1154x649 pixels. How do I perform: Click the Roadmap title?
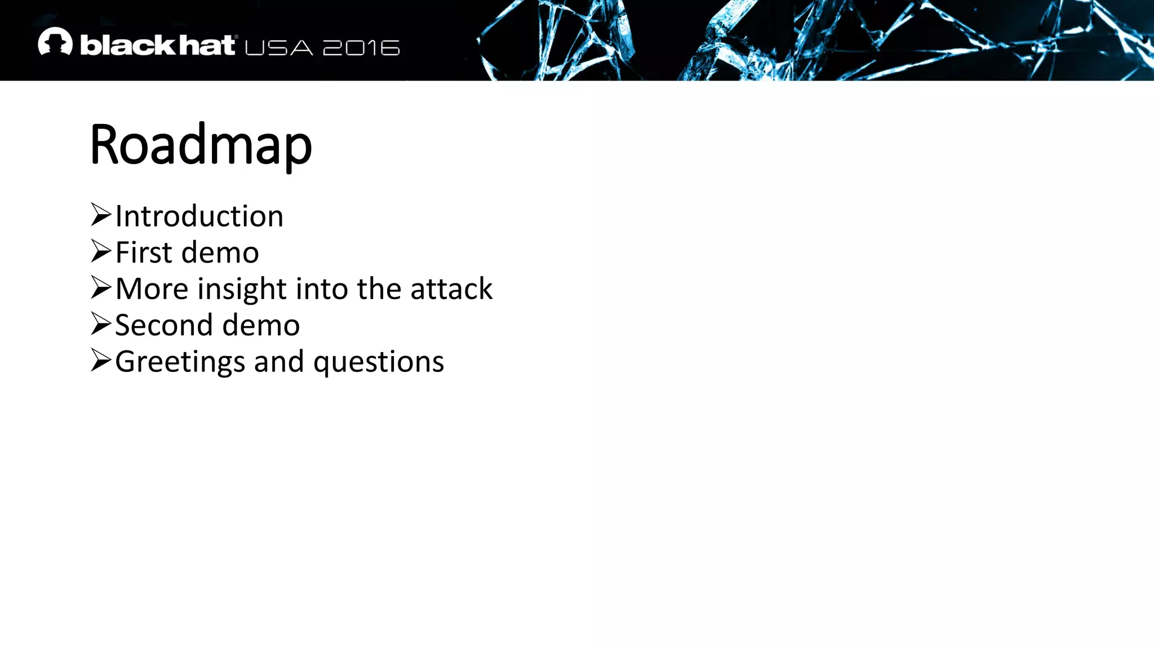click(201, 145)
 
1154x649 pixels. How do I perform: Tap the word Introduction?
click(199, 216)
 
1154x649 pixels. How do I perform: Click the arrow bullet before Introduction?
click(101, 215)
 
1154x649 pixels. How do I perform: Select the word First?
click(144, 252)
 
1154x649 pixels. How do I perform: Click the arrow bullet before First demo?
click(101, 251)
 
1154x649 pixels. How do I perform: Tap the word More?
click(152, 289)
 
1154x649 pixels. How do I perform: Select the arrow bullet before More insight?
click(101, 287)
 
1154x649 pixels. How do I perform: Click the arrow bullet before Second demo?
click(101, 324)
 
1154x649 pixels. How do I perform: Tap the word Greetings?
click(180, 362)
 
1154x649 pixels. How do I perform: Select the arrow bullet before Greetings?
click(101, 360)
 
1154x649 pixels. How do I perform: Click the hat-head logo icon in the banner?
click(55, 42)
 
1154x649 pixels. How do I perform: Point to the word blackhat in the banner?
click(157, 45)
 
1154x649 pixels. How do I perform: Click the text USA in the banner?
click(279, 48)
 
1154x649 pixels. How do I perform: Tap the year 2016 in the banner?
click(361, 48)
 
